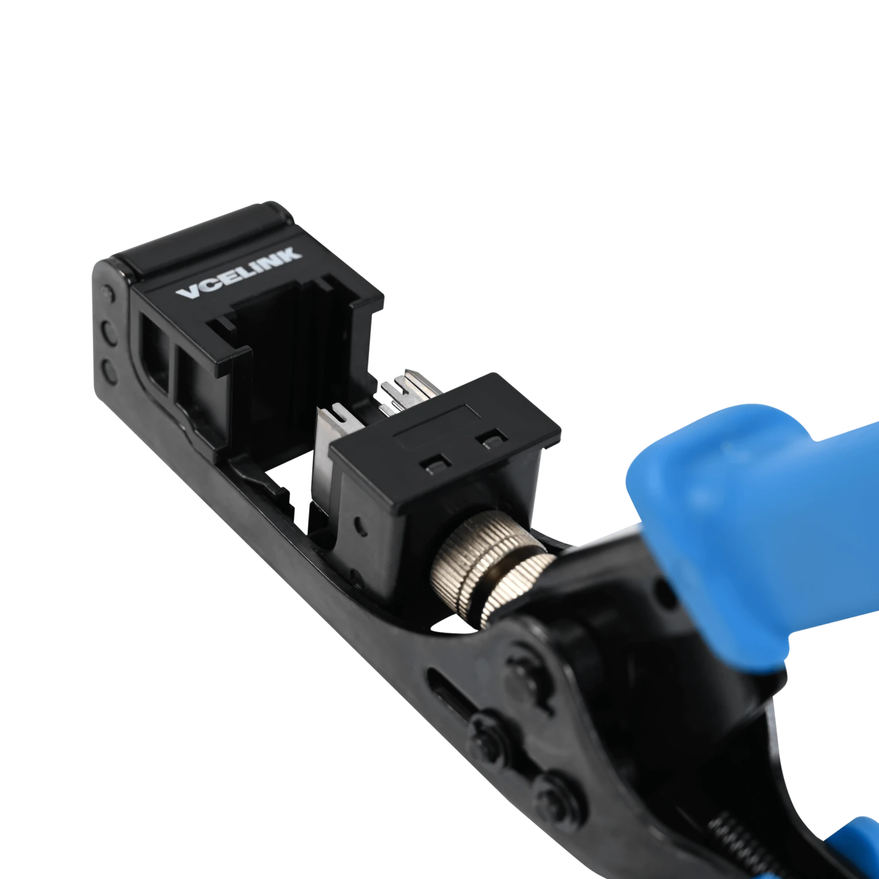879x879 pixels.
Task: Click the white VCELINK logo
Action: pos(239,273)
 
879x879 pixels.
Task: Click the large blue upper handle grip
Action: pos(756,527)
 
